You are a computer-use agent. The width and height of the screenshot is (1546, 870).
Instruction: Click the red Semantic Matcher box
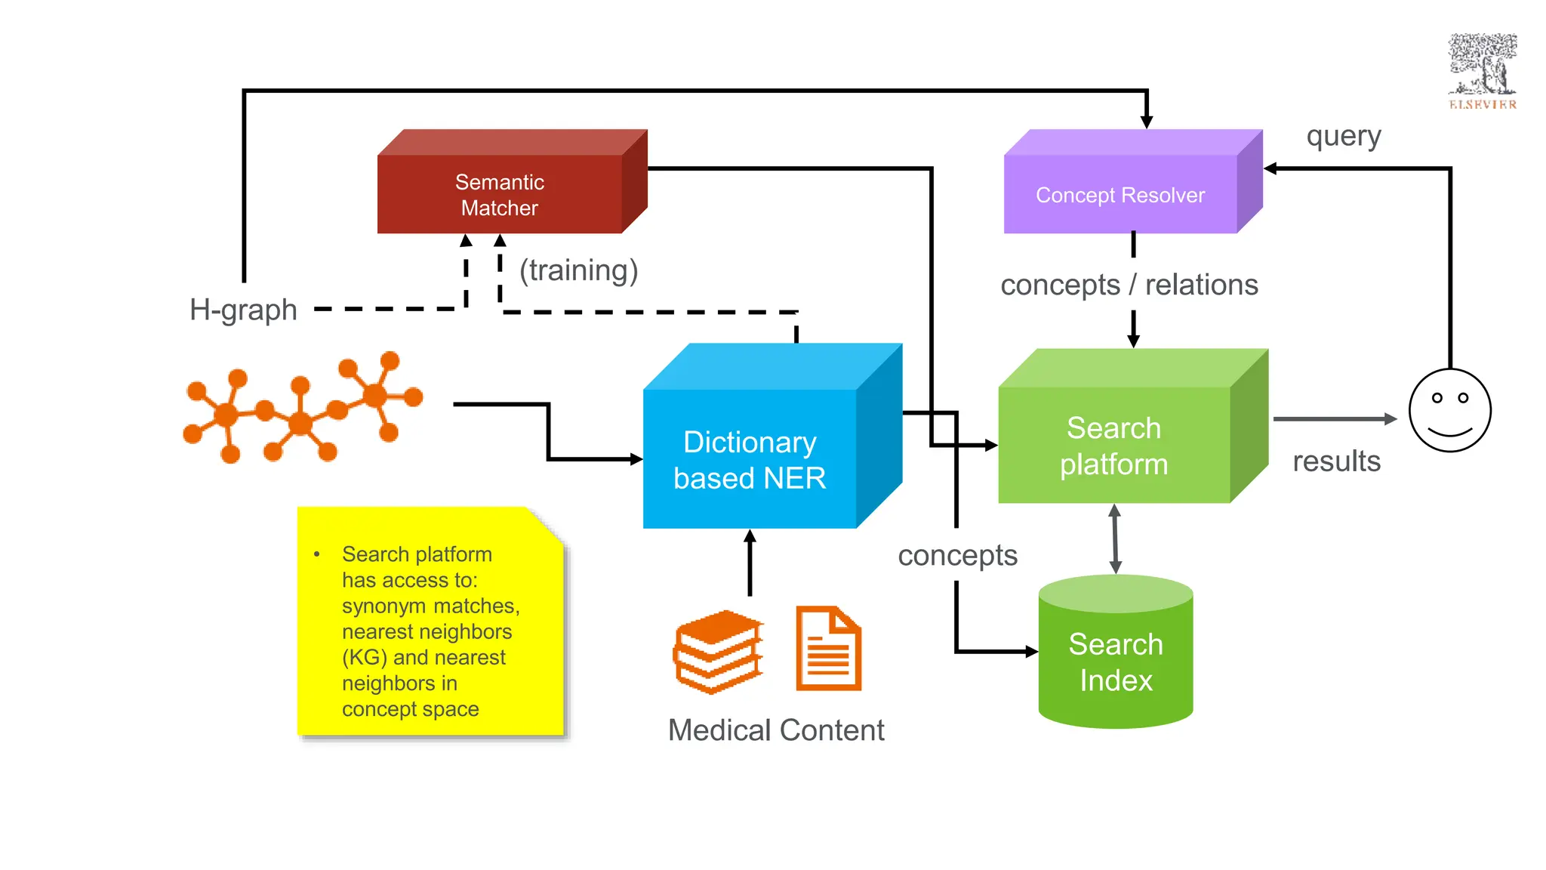pyautogui.click(x=500, y=194)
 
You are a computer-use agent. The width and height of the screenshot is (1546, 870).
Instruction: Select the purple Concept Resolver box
pyautogui.click(x=1120, y=194)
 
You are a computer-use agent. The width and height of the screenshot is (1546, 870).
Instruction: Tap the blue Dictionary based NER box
pyautogui.click(x=750, y=459)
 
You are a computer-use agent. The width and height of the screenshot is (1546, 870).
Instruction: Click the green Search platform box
pyautogui.click(x=1114, y=446)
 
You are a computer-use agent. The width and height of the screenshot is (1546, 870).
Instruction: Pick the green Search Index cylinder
pyautogui.click(x=1116, y=661)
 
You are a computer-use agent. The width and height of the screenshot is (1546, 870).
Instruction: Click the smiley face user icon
pyautogui.click(x=1449, y=411)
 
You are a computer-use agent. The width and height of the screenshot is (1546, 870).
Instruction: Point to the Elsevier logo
pyautogui.click(x=1482, y=72)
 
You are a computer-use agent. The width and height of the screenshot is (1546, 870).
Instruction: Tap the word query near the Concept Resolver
pyautogui.click(x=1344, y=137)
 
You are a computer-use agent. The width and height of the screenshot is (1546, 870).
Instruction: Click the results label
pyautogui.click(x=1336, y=461)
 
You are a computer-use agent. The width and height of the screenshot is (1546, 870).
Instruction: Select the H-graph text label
pyautogui.click(x=243, y=310)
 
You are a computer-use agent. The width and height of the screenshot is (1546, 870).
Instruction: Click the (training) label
pyautogui.click(x=578, y=270)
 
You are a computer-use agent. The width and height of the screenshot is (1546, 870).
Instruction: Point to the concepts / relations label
pyautogui.click(x=1129, y=285)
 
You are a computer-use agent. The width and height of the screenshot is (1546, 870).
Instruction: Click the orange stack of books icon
pyautogui.click(x=718, y=651)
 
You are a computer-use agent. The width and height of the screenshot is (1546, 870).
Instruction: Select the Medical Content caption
pyautogui.click(x=776, y=730)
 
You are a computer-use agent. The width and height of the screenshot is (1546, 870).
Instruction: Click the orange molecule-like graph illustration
pyautogui.click(x=302, y=408)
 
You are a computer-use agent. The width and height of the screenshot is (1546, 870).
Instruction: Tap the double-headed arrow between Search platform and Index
pyautogui.click(x=1115, y=539)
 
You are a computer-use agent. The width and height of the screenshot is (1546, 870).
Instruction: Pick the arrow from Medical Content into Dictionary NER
pyautogui.click(x=750, y=563)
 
